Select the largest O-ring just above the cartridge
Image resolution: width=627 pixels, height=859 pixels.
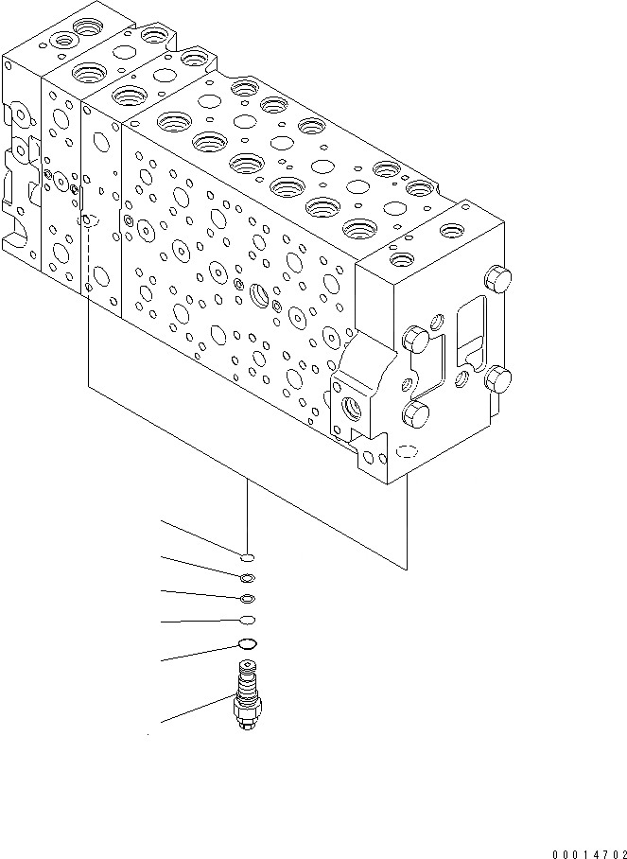pyautogui.click(x=247, y=645)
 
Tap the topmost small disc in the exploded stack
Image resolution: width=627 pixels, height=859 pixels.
pyautogui.click(x=246, y=557)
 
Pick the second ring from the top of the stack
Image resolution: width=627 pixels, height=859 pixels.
pyautogui.click(x=246, y=578)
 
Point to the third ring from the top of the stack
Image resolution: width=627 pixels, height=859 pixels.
pyautogui.click(x=247, y=598)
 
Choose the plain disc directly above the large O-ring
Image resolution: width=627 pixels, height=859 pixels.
pyautogui.click(x=247, y=621)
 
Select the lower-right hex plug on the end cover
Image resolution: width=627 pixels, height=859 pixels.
pyautogui.click(x=497, y=381)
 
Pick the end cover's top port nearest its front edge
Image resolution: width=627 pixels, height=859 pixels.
pyautogui.click(x=401, y=258)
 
